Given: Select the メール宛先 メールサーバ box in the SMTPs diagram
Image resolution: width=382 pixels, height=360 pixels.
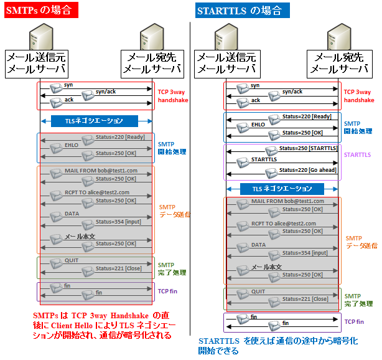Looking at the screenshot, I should coord(153,63).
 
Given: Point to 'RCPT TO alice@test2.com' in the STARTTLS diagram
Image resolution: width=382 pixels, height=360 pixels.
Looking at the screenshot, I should coord(283,223).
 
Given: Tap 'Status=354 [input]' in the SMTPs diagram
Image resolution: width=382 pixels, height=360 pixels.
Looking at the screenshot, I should coord(118,222).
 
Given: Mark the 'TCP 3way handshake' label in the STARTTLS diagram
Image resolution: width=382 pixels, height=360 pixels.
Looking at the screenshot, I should coord(359,95).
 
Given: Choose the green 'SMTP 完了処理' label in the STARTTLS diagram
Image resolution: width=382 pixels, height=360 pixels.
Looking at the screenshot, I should coord(358,300).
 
